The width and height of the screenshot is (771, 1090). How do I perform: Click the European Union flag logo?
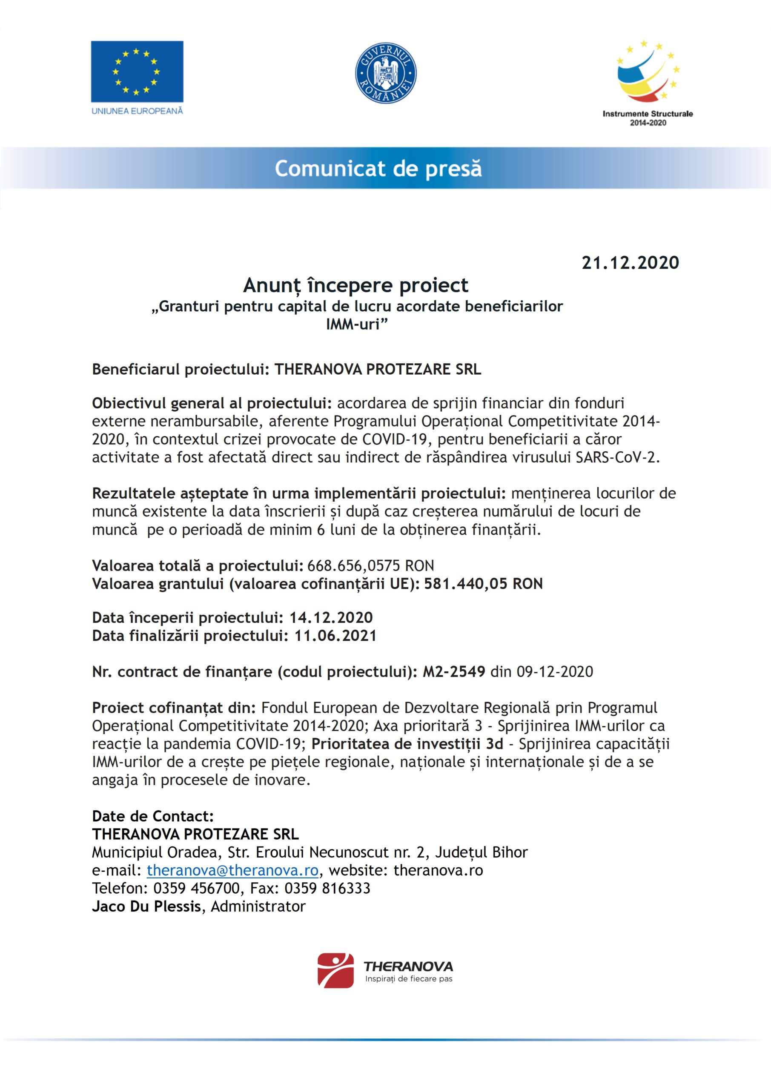137,71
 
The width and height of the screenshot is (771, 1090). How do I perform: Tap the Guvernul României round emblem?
386,73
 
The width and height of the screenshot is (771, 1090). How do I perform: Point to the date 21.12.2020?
631,263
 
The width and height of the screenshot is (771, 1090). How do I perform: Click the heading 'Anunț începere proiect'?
355,285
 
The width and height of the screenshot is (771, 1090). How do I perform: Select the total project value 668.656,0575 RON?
371,565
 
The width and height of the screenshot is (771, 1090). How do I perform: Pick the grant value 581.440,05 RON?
483,583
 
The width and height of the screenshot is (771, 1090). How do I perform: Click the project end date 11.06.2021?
335,635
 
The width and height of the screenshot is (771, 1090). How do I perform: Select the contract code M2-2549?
454,671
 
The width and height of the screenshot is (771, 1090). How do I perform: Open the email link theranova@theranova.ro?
232,870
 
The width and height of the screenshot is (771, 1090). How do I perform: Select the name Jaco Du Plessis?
147,906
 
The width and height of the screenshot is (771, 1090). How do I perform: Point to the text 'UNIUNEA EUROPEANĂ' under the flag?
137,111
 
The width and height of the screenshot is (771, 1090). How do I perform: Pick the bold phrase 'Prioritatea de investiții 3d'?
407,743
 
